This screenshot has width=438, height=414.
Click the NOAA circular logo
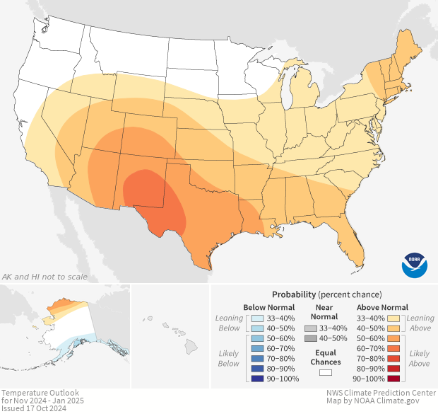pyautogui.click(x=414, y=265)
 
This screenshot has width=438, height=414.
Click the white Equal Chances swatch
pyautogui.click(x=326, y=371)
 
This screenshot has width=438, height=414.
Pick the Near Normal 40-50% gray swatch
pyautogui.click(x=311, y=338)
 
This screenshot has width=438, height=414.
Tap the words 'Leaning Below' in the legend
pyautogui.click(x=229, y=323)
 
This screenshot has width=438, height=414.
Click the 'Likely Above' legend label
pyautogui.click(x=420, y=358)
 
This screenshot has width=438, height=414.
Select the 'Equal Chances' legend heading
pyautogui.click(x=325, y=357)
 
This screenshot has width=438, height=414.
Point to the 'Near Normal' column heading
pyautogui.click(x=325, y=312)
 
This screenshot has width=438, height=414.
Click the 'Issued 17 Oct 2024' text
pyautogui.click(x=35, y=408)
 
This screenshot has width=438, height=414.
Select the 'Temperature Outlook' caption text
pyautogui.click(x=40, y=392)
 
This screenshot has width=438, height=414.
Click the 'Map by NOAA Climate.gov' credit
pyautogui.click(x=379, y=401)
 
